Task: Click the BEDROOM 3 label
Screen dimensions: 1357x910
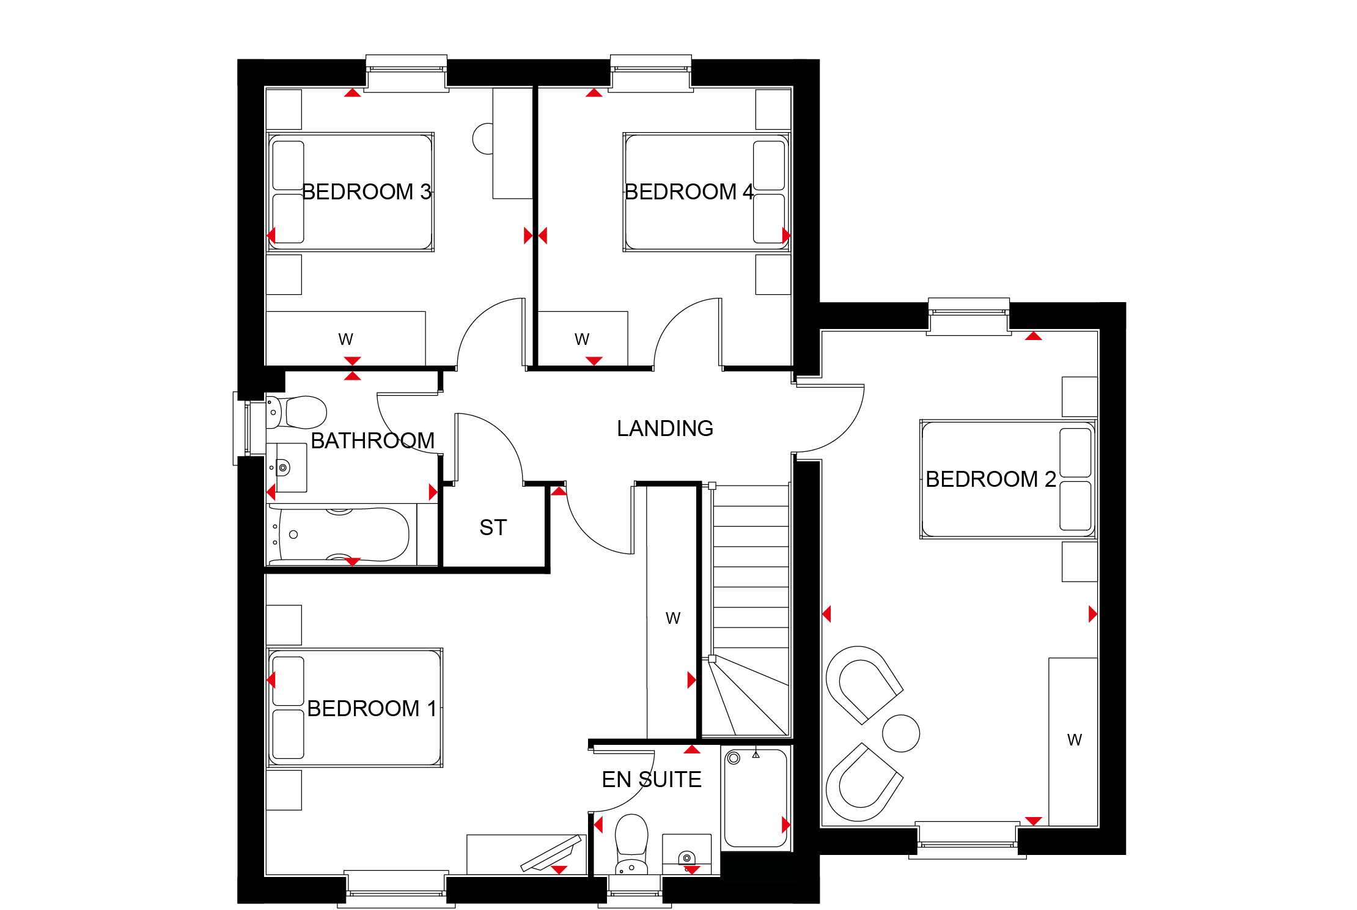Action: point(367,192)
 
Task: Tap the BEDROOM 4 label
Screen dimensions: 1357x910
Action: point(689,192)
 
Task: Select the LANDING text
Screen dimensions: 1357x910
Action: point(665,429)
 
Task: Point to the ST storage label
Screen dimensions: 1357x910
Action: point(493,528)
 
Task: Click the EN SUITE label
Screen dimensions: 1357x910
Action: point(652,780)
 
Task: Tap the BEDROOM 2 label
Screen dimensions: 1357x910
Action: point(991,479)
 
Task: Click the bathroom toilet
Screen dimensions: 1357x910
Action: point(297,412)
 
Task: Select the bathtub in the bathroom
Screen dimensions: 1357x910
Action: point(339,535)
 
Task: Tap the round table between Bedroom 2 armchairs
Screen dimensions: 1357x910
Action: point(901,733)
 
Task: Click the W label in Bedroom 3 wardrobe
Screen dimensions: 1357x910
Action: point(346,339)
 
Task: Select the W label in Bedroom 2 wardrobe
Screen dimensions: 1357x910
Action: point(1075,740)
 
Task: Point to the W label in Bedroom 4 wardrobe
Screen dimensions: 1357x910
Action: point(582,339)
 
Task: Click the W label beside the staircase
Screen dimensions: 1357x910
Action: point(673,618)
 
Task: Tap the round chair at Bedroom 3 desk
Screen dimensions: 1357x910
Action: point(483,139)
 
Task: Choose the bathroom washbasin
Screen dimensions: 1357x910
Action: point(287,468)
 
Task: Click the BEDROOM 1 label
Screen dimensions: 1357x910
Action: point(372,709)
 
